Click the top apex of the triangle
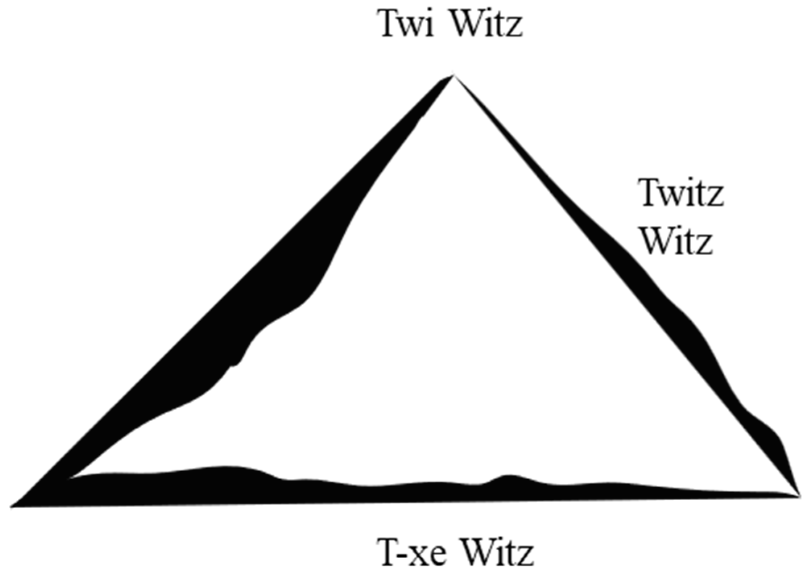click(x=453, y=76)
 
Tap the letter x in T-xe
click(x=421, y=556)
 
